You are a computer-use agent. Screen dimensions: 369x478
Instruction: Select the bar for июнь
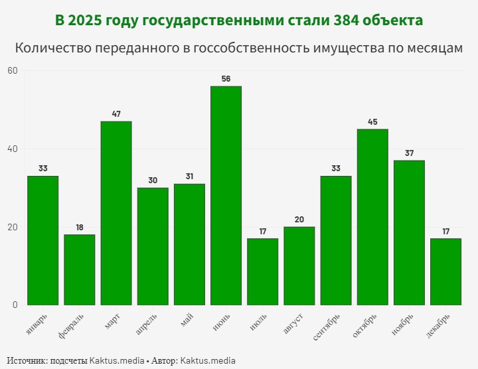[226, 196]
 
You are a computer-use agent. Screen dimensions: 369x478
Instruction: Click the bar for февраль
[80, 269]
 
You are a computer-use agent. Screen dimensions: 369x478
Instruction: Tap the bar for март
[116, 213]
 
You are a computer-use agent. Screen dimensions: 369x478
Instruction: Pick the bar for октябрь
[372, 217]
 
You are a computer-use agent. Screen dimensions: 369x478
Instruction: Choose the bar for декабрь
[445, 271]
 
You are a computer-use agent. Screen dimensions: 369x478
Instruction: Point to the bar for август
[299, 265]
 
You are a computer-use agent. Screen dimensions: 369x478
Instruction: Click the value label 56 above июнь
[226, 79]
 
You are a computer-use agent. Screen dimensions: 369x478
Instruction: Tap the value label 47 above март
[116, 114]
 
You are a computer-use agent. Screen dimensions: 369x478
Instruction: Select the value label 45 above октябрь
[372, 122]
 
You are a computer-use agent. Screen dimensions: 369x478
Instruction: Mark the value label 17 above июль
[262, 231]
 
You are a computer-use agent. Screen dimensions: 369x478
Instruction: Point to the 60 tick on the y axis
[13, 71]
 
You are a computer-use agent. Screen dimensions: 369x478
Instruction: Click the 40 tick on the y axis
[13, 149]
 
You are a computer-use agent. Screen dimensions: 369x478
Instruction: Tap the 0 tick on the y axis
[15, 305]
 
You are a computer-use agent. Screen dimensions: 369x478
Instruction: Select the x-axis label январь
[38, 319]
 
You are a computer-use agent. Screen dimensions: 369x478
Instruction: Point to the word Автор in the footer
[163, 361]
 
